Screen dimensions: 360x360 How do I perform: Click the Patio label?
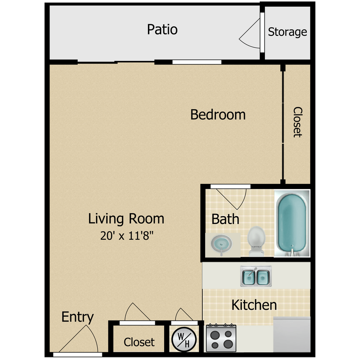(x=162, y=29)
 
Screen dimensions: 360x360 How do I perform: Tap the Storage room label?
(x=287, y=32)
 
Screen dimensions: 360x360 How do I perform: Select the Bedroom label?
(x=218, y=115)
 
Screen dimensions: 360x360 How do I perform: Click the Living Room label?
(x=126, y=219)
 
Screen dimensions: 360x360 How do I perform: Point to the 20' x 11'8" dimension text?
(x=127, y=235)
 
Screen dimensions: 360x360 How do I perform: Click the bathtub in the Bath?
(x=292, y=224)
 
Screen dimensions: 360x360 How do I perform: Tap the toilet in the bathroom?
(x=256, y=241)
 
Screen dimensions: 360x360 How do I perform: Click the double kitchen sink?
(x=256, y=276)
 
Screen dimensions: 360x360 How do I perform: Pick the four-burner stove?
(x=221, y=337)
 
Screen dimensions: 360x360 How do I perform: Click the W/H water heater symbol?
(x=184, y=340)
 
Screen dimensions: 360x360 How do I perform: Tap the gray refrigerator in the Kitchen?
(x=292, y=334)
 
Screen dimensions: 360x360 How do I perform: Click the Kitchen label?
(x=254, y=305)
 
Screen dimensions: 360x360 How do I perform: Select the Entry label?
(x=78, y=317)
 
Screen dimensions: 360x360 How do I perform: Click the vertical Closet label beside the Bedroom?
(x=298, y=122)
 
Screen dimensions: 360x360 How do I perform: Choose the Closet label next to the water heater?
(x=139, y=342)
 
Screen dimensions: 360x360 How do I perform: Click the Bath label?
(x=225, y=219)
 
